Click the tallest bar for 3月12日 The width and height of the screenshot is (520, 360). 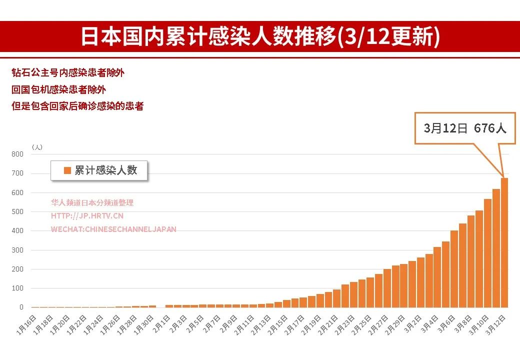point(504,242)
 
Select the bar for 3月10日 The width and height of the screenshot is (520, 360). point(487,253)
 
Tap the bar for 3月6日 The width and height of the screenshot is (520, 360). point(454,269)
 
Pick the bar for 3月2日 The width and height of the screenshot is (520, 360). point(420,282)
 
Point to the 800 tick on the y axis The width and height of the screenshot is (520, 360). point(17,154)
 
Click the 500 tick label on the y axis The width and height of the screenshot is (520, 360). point(17,211)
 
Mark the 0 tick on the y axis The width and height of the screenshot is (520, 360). point(21,307)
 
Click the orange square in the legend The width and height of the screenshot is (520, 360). point(67,170)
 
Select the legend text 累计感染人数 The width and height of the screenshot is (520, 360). point(105,170)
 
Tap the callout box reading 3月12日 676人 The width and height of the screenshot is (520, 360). point(465,128)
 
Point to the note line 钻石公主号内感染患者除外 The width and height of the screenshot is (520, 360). point(68,73)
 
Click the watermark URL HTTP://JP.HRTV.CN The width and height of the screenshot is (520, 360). point(87,216)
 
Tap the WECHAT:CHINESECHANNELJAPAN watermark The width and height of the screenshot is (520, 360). point(113,229)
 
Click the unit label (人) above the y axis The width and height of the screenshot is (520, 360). point(37,147)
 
